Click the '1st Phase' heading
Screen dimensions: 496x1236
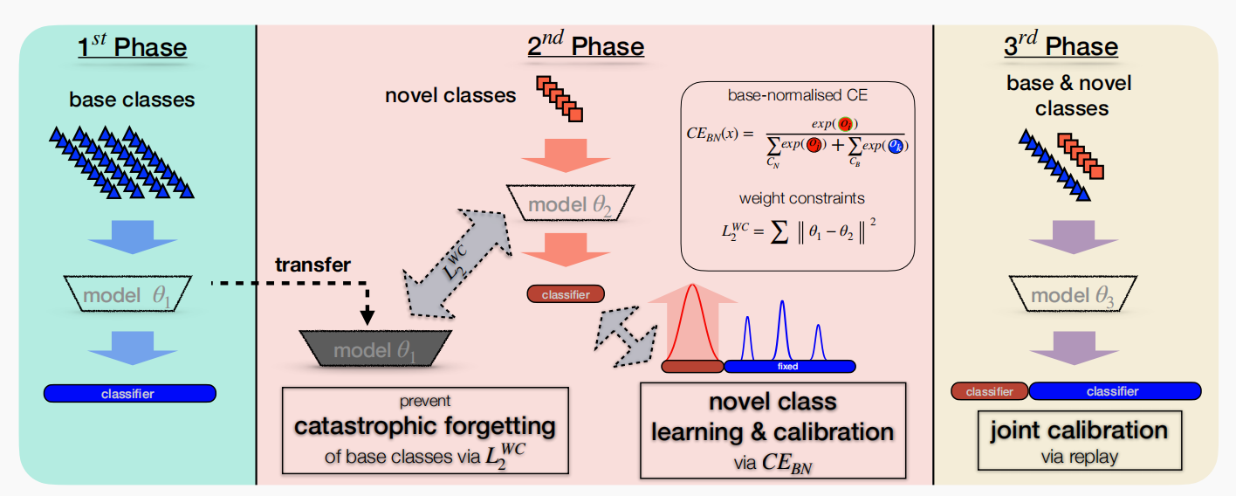tap(132, 46)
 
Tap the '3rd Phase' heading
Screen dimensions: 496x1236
tap(1061, 46)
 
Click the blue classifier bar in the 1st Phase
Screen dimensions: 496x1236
tap(130, 394)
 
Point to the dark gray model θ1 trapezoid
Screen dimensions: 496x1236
tap(374, 349)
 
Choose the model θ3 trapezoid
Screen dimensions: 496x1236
tap(1074, 295)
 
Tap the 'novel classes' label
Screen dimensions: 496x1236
tap(450, 94)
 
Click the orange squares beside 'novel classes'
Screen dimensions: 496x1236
tap(560, 98)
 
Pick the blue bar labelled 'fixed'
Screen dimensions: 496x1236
tap(789, 367)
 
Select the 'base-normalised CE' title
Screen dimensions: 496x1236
tap(797, 96)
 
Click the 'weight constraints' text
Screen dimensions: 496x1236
tap(797, 199)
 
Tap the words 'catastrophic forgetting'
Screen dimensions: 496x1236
tap(425, 427)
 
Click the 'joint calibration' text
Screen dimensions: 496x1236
tap(1078, 431)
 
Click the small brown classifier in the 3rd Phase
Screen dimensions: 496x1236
tap(989, 392)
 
